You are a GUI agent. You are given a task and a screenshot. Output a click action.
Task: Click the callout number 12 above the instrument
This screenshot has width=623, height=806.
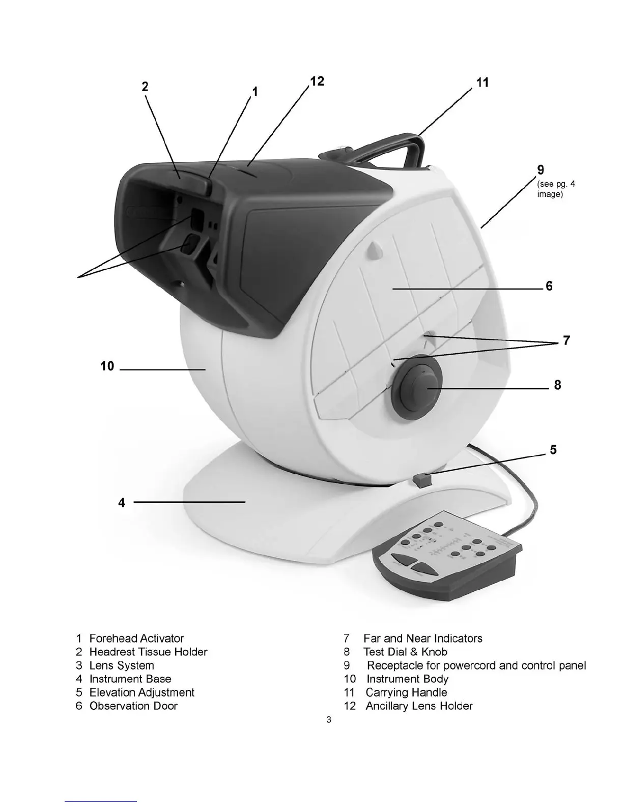(317, 82)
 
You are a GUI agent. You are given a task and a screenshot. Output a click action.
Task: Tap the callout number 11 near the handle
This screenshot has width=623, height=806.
(483, 82)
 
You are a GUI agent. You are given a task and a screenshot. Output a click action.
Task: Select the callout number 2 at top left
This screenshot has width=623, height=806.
(145, 87)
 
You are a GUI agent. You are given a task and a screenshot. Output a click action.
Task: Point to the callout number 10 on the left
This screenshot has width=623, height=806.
(107, 366)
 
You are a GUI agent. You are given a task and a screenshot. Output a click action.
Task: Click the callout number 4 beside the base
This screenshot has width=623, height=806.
(122, 503)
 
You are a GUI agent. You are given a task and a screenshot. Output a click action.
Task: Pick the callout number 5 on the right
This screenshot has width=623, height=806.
(553, 450)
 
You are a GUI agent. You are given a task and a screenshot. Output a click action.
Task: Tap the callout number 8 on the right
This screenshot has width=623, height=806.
(557, 385)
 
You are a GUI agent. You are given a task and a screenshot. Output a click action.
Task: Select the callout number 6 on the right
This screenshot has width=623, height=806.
(549, 286)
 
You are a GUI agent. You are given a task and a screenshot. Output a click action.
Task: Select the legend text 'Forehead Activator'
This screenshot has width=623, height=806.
(136, 639)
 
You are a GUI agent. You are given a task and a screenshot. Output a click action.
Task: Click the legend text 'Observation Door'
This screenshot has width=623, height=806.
(133, 706)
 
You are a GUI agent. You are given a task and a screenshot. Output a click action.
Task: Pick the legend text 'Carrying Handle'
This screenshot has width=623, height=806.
(406, 693)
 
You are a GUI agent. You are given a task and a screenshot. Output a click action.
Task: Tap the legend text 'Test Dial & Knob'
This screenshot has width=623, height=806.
(405, 652)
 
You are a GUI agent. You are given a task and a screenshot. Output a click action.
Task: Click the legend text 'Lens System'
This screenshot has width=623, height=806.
(122, 666)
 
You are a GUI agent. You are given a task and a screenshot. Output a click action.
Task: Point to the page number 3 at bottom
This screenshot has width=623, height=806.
(329, 719)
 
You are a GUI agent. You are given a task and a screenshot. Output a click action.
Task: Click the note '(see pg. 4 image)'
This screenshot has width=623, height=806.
(556, 189)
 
